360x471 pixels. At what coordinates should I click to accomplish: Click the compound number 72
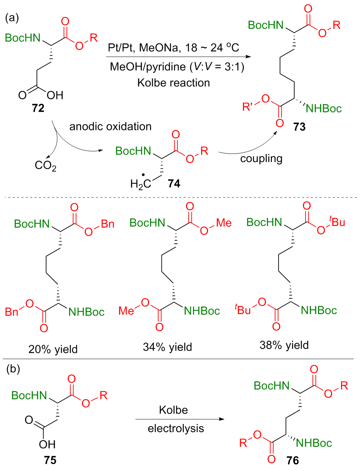38,108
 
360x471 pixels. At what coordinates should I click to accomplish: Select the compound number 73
299,127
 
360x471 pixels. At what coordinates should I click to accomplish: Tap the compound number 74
174,183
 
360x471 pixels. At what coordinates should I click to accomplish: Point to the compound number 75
50,460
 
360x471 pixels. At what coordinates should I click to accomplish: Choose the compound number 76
292,460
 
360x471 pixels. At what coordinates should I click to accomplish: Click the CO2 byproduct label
45,166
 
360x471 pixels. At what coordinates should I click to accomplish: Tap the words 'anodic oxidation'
110,126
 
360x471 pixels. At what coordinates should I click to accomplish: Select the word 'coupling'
261,158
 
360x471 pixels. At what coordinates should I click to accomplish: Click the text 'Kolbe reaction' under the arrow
174,83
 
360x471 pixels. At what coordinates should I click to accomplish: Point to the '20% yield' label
53,349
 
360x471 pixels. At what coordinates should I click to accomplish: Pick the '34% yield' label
167,347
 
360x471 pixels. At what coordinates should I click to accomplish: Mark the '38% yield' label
284,345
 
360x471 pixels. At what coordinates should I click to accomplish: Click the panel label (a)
12,18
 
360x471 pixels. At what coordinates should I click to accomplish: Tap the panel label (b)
13,369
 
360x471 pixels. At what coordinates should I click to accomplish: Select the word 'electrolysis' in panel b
176,428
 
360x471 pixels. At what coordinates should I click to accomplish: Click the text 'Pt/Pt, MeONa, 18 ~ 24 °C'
173,47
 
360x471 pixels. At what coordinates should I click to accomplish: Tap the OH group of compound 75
47,444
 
